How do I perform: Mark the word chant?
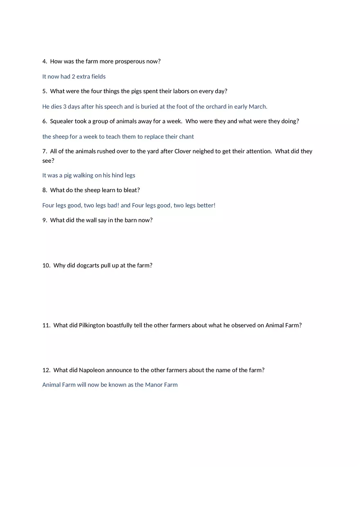click(186, 137)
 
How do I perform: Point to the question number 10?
click(46, 265)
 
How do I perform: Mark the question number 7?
click(44, 151)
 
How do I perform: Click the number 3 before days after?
click(65, 106)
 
